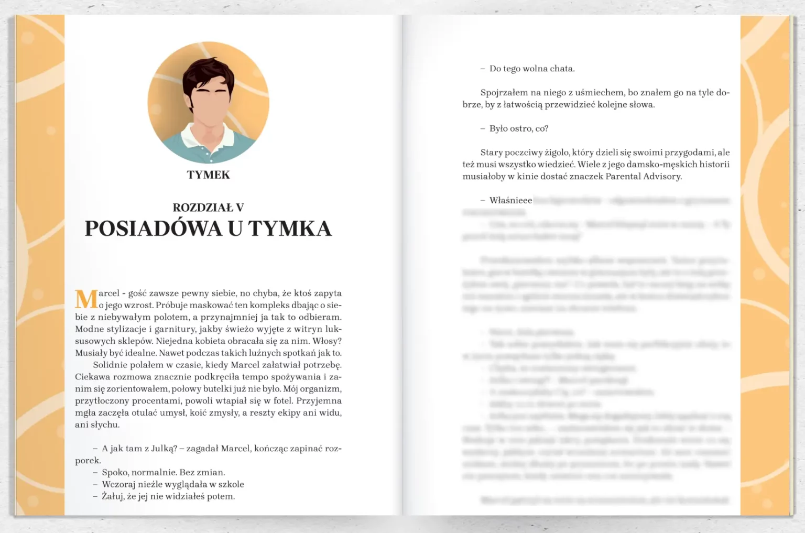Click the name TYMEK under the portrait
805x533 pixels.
point(208,175)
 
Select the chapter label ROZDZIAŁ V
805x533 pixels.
point(208,208)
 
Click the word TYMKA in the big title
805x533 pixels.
point(290,229)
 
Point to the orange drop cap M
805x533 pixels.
point(86,299)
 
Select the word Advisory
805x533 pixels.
point(662,177)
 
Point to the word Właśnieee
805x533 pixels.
point(510,200)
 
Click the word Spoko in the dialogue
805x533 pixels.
point(115,472)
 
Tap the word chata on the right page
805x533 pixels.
point(562,69)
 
